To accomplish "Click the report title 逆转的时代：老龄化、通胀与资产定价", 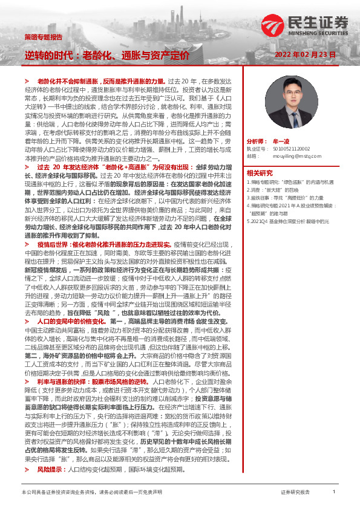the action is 106,54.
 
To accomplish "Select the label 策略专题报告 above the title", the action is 43,37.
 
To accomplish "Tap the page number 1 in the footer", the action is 334,493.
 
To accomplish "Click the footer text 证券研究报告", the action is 296,493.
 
